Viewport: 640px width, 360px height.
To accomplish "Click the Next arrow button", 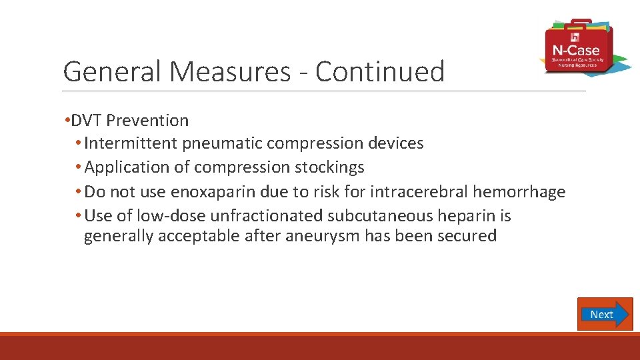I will [605, 314].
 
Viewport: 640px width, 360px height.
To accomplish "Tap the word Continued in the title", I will [379, 72].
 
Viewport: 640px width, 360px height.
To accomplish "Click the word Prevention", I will [147, 121].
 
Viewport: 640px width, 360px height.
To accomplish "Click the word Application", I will [127, 167].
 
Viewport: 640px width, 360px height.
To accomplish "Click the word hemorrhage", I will [519, 192].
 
